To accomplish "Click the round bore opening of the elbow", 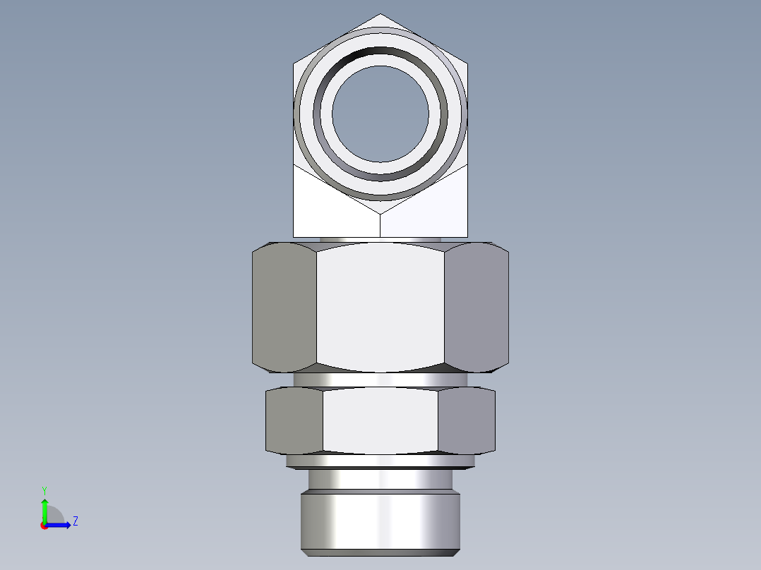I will (x=380, y=114).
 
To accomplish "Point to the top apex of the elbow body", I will (x=380, y=15).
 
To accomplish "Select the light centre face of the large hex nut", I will (x=380, y=307).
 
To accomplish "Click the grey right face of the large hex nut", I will (x=477, y=307).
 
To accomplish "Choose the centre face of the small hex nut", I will (x=380, y=420).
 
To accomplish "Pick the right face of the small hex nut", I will (x=466, y=420).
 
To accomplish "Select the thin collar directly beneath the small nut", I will (x=380, y=461).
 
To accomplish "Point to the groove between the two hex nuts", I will (x=380, y=380).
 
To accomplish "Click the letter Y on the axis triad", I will (x=44, y=490).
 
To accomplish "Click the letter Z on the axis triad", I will (x=75, y=521).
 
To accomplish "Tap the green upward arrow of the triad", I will (x=44, y=509).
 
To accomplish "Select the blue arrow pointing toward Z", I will (x=61, y=525).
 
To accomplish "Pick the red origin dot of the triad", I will (x=44, y=526).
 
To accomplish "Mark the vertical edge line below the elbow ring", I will (x=380, y=224).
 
